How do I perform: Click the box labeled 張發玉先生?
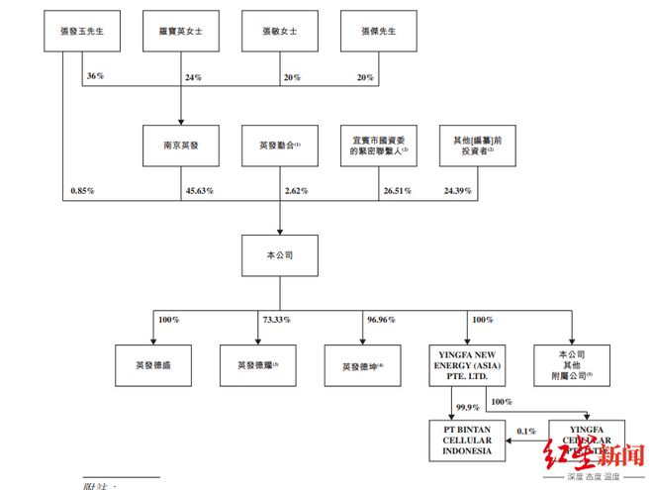[82, 31]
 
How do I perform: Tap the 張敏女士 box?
[278, 31]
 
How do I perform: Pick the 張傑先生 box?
[376, 31]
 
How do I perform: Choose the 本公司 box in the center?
[278, 254]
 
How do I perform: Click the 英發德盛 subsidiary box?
[152, 364]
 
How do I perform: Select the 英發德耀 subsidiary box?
[258, 364]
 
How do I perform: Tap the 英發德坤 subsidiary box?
[363, 364]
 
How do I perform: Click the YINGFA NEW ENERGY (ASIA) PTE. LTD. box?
[468, 364]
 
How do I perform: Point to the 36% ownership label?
[96, 76]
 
